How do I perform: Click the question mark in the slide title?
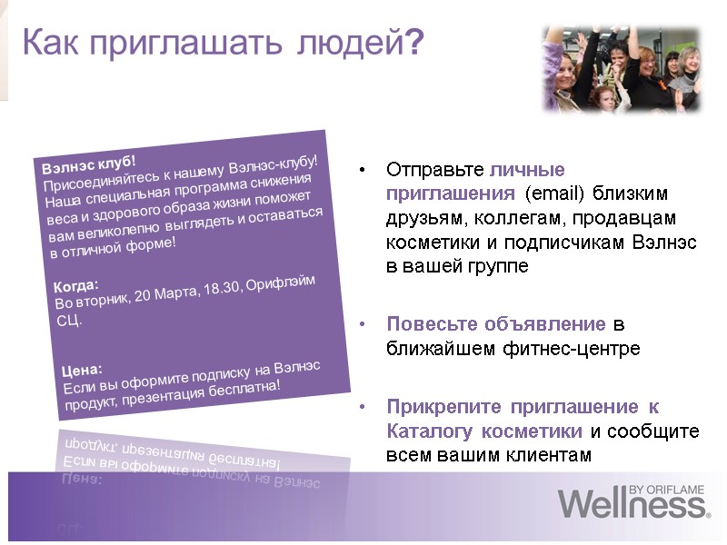pos(413,43)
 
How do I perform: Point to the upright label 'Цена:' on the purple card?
pos(83,370)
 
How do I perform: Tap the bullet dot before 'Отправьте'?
pos(363,170)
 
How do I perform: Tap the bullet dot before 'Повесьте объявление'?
pos(363,324)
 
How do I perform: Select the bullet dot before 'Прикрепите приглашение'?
pos(363,406)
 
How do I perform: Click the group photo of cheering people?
pos(622,68)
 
